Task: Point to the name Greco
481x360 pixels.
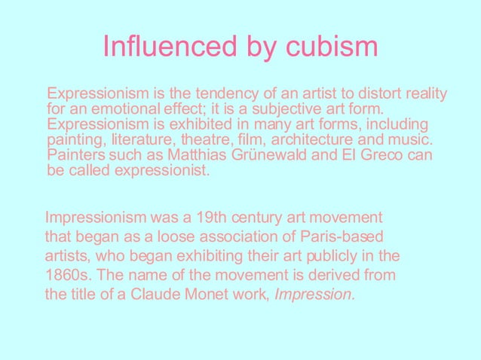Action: [378, 155]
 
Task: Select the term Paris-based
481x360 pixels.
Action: [347, 236]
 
